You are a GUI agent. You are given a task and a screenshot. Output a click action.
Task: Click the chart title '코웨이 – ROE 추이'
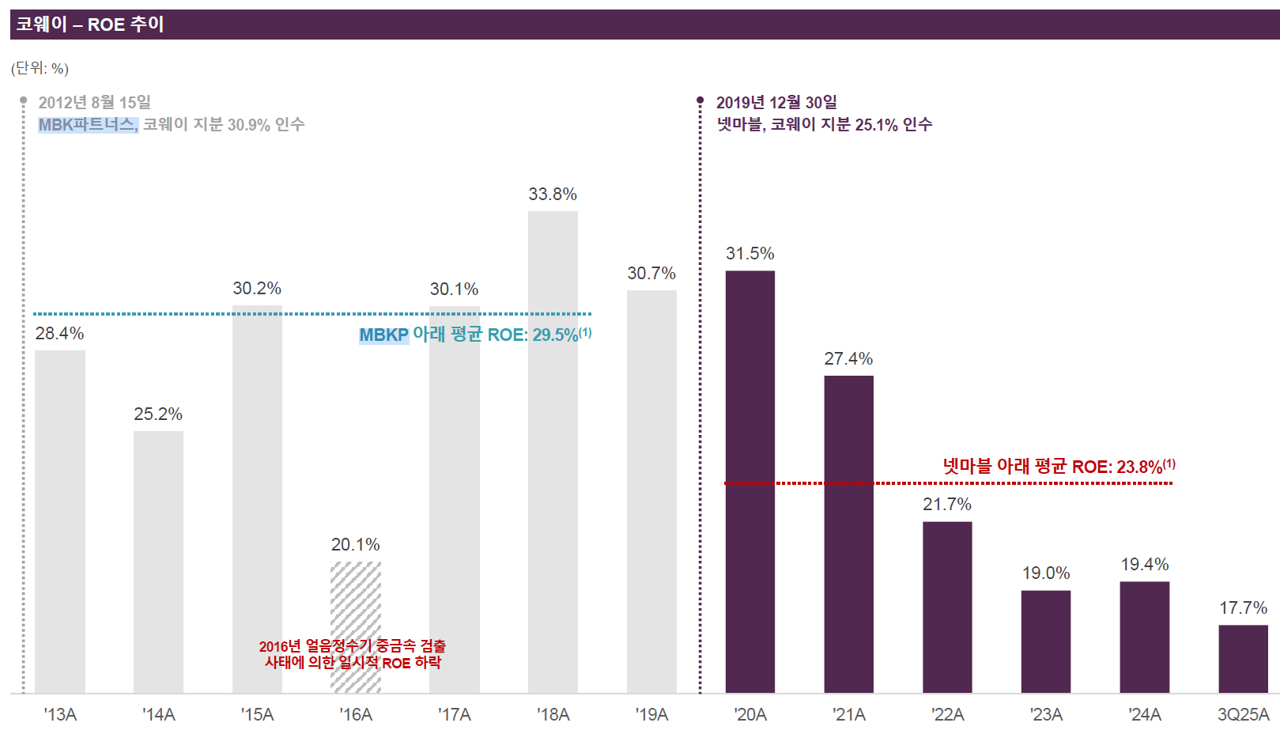90,25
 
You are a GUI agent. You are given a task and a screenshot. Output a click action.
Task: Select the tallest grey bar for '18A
553,452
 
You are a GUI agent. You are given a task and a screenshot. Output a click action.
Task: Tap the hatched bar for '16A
356,627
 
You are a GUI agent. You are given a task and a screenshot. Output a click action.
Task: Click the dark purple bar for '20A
750,482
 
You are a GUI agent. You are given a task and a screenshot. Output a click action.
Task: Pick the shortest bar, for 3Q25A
1244,659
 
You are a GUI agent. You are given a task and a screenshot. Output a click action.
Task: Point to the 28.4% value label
59,333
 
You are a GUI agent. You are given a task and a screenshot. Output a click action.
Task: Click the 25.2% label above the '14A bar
158,414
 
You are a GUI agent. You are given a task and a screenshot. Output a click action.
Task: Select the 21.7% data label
947,504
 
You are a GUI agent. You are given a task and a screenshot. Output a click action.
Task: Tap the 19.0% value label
1046,573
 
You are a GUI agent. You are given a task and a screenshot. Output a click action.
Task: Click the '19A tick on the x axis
651,714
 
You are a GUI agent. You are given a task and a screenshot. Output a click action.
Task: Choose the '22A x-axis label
947,714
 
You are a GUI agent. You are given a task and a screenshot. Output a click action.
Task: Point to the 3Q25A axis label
1244,714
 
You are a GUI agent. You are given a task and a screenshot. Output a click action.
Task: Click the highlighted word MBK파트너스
88,125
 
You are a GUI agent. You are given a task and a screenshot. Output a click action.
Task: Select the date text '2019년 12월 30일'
776,103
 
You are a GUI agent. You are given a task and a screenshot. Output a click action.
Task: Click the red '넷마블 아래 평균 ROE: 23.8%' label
1059,467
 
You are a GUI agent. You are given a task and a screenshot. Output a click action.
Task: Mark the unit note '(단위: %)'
40,69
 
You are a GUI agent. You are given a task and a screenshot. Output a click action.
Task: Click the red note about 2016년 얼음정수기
353,655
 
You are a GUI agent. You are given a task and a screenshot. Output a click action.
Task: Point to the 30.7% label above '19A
651,273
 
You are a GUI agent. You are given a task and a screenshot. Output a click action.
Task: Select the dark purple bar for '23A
1046,642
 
